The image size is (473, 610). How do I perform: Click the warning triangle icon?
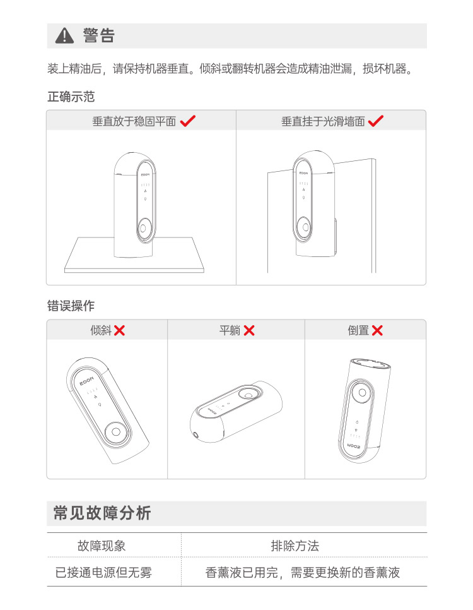(64, 36)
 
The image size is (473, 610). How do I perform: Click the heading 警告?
(99, 35)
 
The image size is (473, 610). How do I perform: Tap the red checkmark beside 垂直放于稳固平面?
(188, 121)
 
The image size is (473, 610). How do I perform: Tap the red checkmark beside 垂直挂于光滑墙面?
(376, 121)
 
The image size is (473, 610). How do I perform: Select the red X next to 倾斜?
(120, 330)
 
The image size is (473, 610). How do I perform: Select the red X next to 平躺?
(249, 330)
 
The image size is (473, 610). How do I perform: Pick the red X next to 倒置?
(377, 330)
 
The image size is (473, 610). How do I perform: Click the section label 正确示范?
(71, 97)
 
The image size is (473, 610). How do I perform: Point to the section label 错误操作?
(71, 306)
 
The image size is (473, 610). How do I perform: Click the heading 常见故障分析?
(102, 513)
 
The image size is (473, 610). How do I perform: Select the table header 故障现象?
(102, 546)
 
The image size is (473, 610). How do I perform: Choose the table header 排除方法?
(295, 546)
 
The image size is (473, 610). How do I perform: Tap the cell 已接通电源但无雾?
(103, 572)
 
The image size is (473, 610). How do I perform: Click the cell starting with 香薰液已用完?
(302, 572)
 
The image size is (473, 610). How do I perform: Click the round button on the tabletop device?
(143, 228)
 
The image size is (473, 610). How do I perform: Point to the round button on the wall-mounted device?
(305, 227)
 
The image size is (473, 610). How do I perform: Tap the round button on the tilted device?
(116, 432)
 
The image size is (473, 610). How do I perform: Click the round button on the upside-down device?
(362, 393)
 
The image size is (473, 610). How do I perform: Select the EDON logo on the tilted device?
(87, 380)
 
